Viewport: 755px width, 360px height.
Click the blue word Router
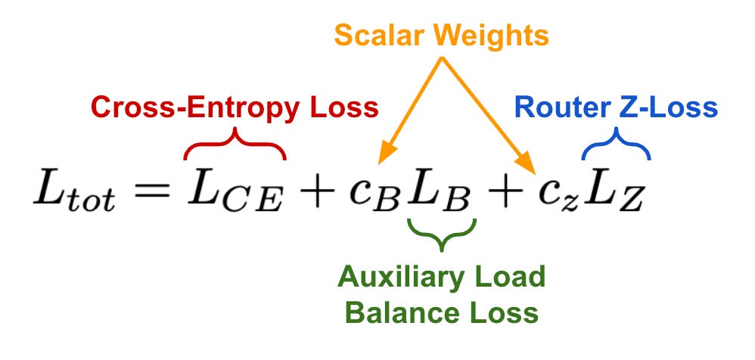(558, 107)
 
